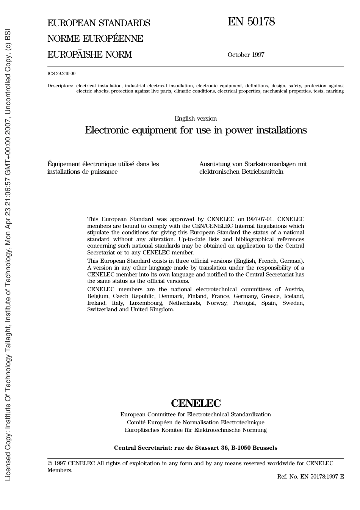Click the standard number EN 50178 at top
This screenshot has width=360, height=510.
[x=251, y=22]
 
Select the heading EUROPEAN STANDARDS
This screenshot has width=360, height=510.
[x=99, y=23]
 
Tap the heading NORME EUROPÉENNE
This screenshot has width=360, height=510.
[x=95, y=39]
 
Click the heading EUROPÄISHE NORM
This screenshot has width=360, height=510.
[x=89, y=55]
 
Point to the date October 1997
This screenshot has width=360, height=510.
[x=246, y=55]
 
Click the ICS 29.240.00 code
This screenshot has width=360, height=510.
[x=61, y=74]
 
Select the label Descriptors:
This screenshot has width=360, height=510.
[x=60, y=86]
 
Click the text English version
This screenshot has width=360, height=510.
[x=196, y=119]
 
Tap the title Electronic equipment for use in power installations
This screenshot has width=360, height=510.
[x=196, y=130]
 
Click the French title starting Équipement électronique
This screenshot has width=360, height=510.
[x=103, y=168]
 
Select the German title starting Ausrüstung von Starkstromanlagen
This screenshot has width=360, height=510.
[x=253, y=168]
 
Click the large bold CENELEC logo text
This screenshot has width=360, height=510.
[x=196, y=403]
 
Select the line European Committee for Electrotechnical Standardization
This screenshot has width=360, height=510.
[x=196, y=414]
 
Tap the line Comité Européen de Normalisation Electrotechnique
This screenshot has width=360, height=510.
[x=196, y=422]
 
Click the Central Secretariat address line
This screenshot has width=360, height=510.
[x=196, y=448]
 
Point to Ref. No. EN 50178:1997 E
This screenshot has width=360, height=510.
[x=310, y=477]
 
